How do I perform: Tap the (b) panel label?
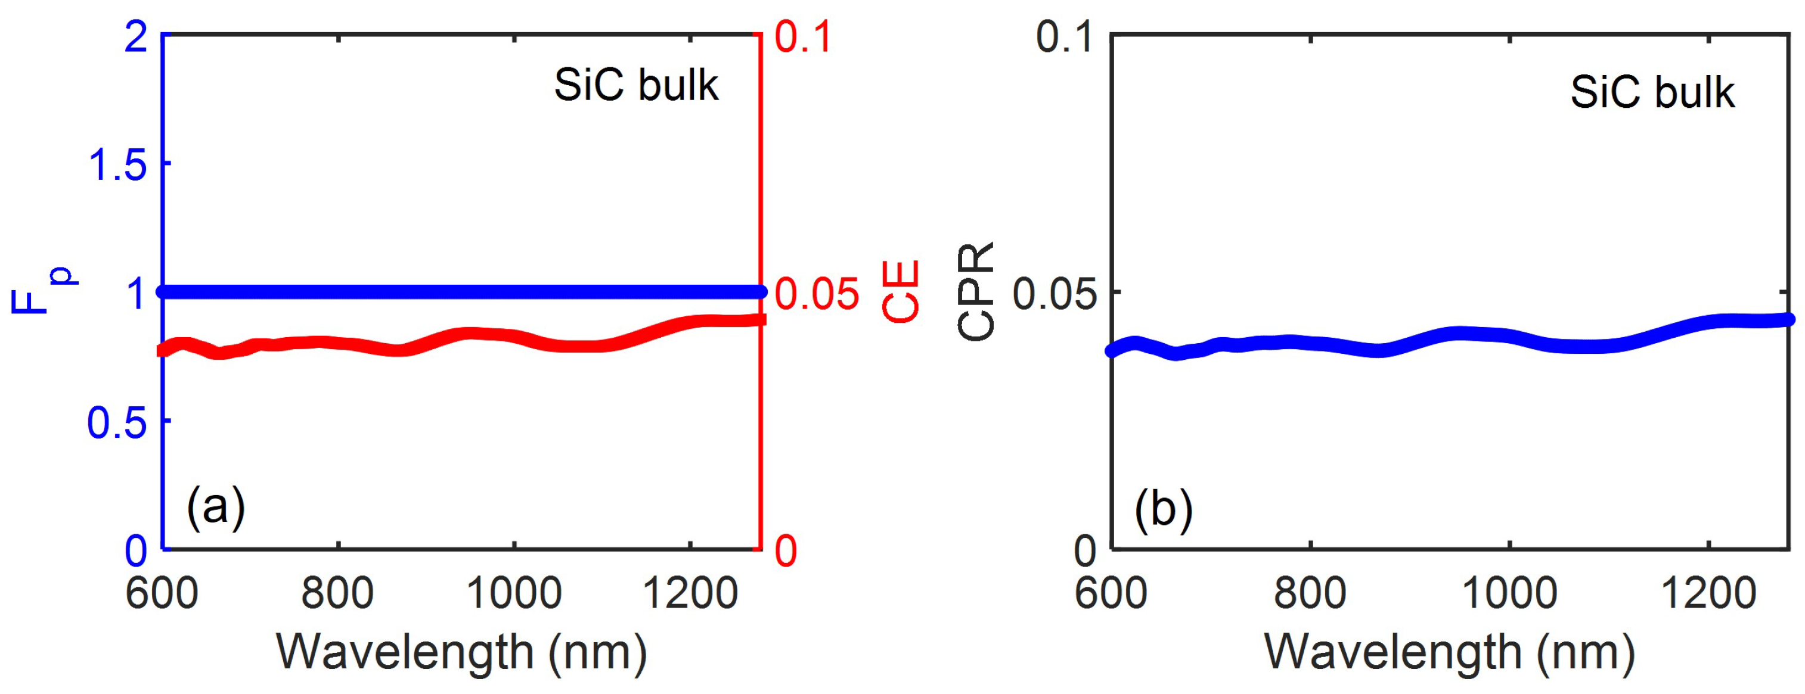pyautogui.click(x=1163, y=509)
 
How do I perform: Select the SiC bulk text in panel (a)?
pyautogui.click(x=636, y=85)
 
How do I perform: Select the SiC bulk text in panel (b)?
pyautogui.click(x=1652, y=92)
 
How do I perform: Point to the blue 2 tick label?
pyautogui.click(x=136, y=36)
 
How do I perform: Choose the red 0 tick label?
pyautogui.click(x=786, y=551)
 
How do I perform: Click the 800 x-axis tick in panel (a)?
pyautogui.click(x=338, y=593)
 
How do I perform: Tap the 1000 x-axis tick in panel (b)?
pyautogui.click(x=1509, y=593)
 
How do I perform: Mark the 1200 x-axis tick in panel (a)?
pyautogui.click(x=690, y=593)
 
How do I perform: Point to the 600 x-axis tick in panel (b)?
pyautogui.click(x=1111, y=593)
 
